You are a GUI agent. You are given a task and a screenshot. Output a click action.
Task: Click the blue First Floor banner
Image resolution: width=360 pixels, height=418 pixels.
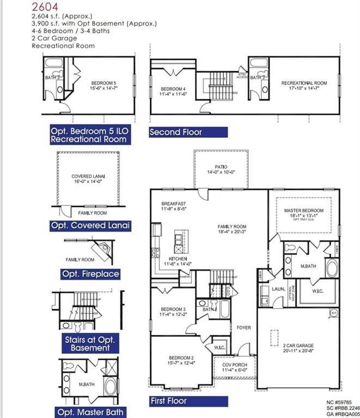(x=168, y=401)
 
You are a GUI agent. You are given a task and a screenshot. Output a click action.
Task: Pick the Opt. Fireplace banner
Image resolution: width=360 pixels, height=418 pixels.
(x=90, y=274)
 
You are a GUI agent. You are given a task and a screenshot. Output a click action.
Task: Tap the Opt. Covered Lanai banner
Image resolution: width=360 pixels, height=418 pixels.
(x=90, y=225)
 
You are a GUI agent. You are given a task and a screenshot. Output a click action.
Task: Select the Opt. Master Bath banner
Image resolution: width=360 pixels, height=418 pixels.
(x=90, y=412)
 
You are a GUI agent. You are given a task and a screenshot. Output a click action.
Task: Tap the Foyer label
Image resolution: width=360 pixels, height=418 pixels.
(x=243, y=328)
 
